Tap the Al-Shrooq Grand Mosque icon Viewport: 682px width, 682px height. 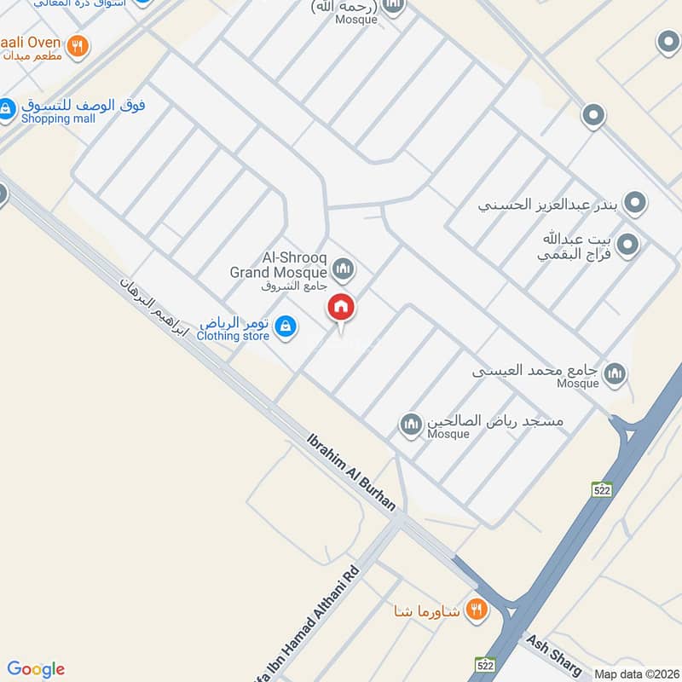(344, 270)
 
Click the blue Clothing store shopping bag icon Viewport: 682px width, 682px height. (287, 326)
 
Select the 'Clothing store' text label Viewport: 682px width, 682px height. (233, 336)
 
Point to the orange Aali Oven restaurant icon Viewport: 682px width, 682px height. (78, 46)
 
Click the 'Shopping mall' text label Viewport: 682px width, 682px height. (58, 118)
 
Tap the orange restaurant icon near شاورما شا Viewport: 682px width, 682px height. (477, 610)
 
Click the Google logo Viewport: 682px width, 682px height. (36, 669)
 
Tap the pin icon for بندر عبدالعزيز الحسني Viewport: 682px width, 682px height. (634, 204)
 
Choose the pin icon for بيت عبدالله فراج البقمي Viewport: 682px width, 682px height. (627, 246)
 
